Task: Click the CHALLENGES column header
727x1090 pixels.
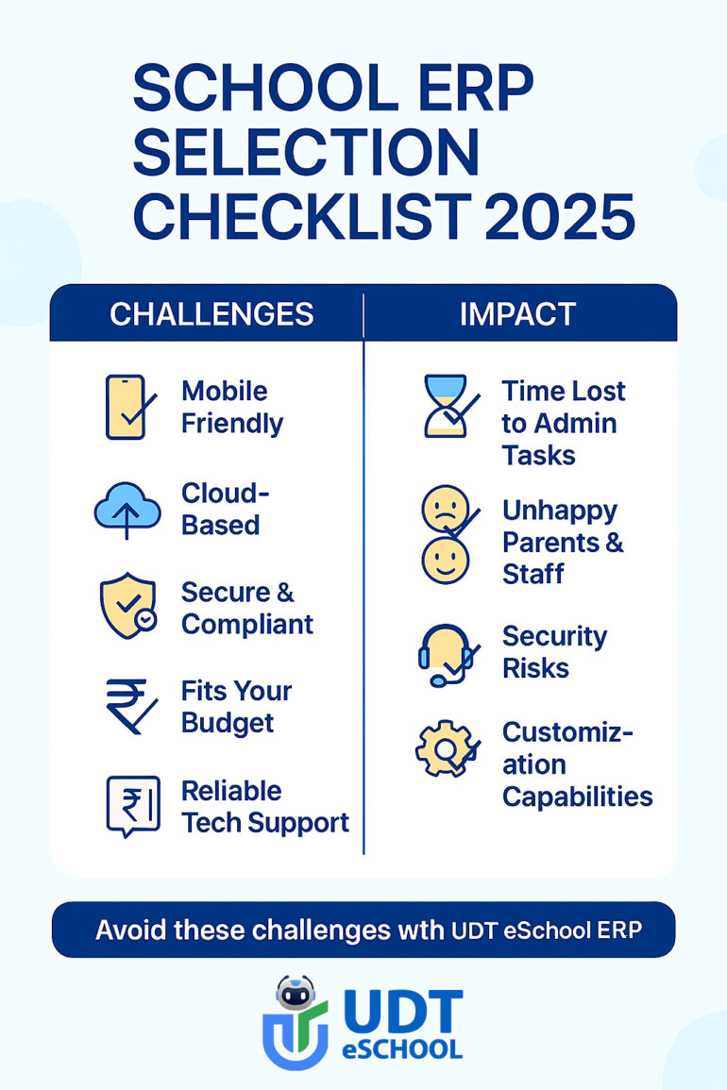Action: tap(211, 314)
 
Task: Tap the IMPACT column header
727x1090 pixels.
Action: tap(517, 314)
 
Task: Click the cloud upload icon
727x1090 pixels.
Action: tap(127, 509)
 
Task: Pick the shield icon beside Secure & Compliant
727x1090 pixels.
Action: tap(127, 606)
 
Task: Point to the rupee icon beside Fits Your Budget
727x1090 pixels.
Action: tap(131, 706)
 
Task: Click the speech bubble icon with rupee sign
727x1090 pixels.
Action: tap(133, 806)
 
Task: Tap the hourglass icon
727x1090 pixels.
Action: tap(448, 406)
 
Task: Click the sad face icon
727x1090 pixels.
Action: tap(446, 508)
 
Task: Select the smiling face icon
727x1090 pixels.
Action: tap(446, 561)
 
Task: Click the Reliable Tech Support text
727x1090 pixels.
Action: tap(265, 806)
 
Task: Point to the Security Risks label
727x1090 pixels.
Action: tap(554, 652)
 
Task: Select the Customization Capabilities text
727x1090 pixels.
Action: tap(578, 764)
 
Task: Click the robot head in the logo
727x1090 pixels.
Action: tap(296, 993)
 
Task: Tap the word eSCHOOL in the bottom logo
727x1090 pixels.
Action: tap(402, 1049)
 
